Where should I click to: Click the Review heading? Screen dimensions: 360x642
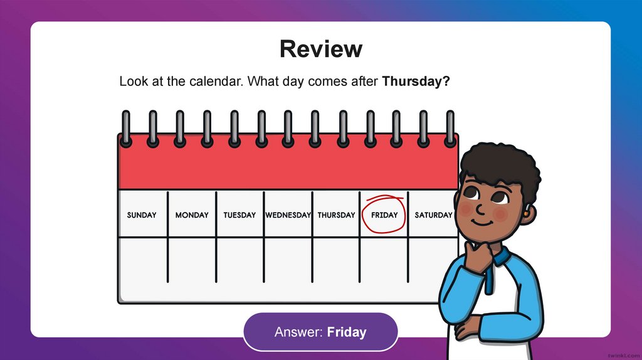(x=320, y=49)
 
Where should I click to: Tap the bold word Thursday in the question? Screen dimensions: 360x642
(x=416, y=82)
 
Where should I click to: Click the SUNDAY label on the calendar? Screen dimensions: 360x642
(x=142, y=215)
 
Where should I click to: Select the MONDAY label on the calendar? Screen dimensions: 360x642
(x=192, y=215)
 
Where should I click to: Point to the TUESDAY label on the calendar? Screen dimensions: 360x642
(x=239, y=215)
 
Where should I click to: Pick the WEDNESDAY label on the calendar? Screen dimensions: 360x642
(x=288, y=215)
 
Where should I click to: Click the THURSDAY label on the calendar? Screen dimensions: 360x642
(x=336, y=215)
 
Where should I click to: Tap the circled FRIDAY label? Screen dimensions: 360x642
(x=384, y=215)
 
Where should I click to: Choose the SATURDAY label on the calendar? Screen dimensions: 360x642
(x=433, y=215)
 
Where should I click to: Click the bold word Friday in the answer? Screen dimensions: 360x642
(x=347, y=332)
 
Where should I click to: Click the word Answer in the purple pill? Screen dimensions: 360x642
(x=298, y=332)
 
